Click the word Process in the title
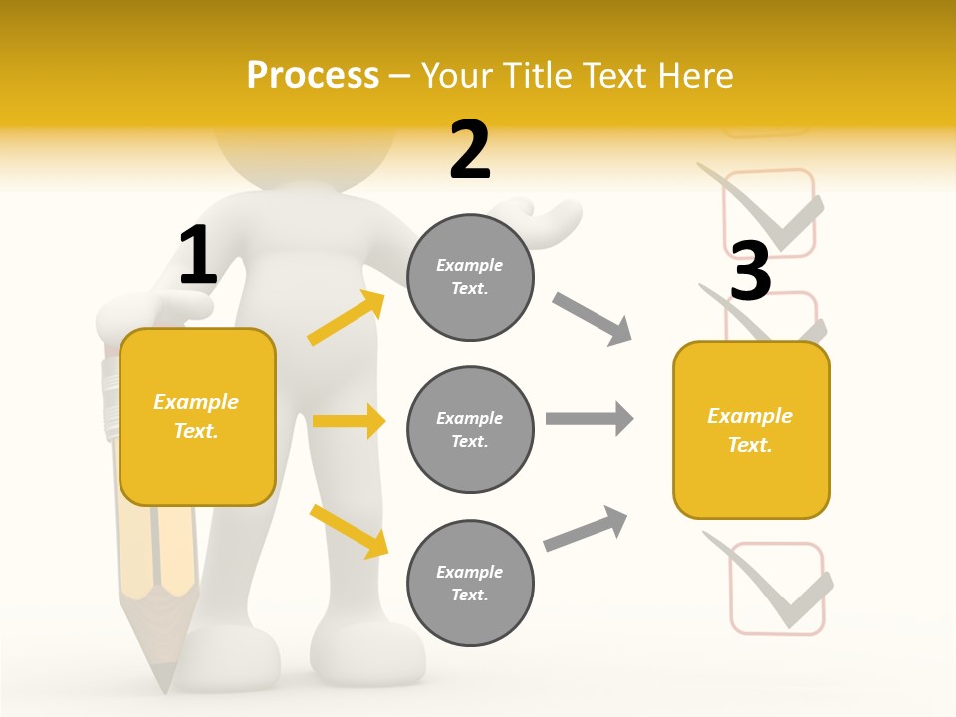313,76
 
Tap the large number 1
198,256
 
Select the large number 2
470,150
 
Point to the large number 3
750,271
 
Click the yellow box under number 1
197,416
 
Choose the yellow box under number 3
751,430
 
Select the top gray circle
470,277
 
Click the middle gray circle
470,429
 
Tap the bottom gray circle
470,583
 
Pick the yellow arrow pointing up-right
347,318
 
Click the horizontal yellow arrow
349,421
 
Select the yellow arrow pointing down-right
349,531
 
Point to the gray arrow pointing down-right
592,319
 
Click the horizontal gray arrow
590,418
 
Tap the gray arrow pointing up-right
586,529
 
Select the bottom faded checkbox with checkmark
777,588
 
